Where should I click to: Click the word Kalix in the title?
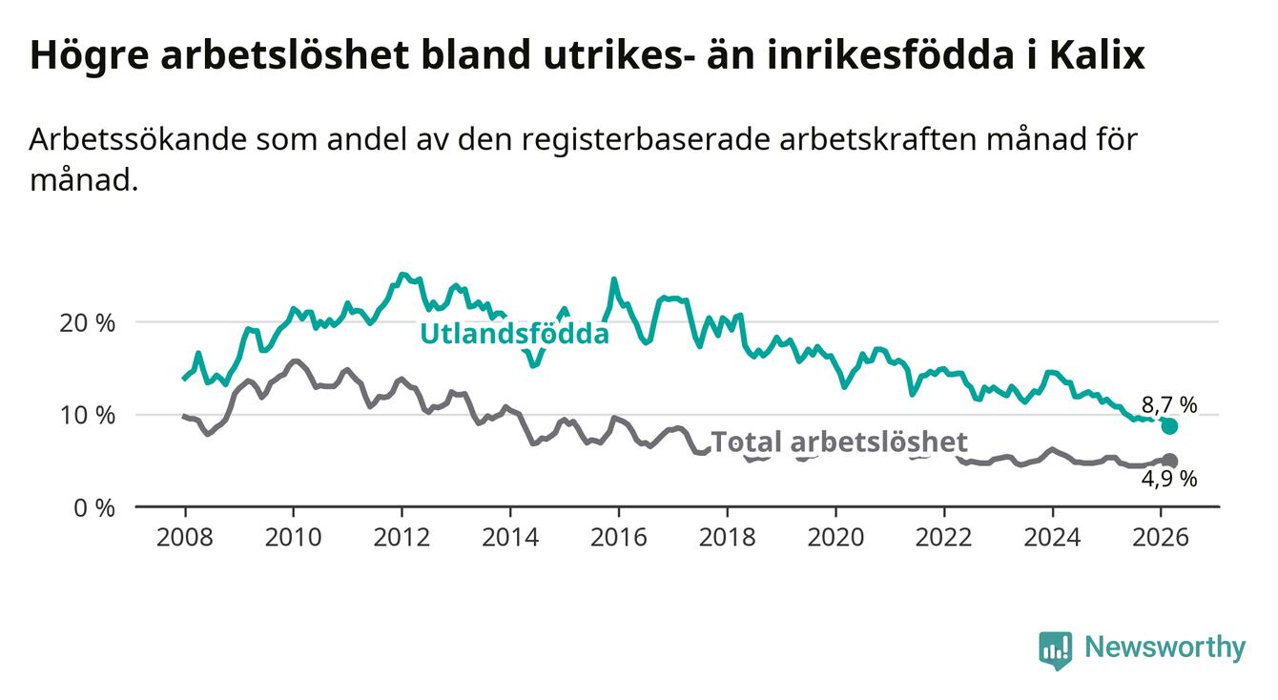click(1097, 56)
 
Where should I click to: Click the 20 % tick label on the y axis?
click(87, 322)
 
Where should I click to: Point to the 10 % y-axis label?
click(87, 415)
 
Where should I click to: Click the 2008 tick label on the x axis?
click(184, 536)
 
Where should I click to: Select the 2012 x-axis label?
click(402, 536)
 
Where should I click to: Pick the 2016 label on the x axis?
click(618, 536)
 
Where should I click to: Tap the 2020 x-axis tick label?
click(835, 536)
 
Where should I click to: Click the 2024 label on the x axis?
click(1052, 536)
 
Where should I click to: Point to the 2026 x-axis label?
click(1161, 536)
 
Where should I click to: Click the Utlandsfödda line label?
click(515, 334)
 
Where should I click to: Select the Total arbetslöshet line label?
click(839, 442)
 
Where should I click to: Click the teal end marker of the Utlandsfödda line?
click(1169, 426)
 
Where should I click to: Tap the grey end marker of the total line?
click(1169, 461)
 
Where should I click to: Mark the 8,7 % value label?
click(1169, 404)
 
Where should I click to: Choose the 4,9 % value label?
click(1169, 480)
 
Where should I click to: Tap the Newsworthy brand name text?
click(1165, 649)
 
